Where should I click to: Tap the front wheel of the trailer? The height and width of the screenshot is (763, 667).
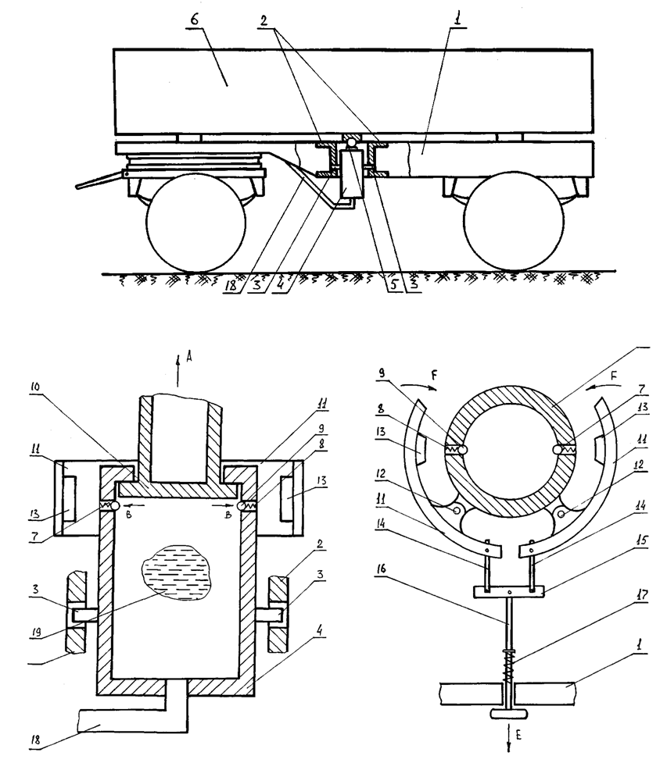pyautogui.click(x=195, y=222)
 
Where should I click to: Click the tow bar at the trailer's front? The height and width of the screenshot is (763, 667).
pyautogui.click(x=99, y=180)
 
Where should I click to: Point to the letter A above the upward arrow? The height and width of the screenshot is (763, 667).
pyautogui.click(x=189, y=358)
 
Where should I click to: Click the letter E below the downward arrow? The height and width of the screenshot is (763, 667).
pyautogui.click(x=518, y=735)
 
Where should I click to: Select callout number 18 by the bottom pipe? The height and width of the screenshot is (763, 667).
pyautogui.click(x=36, y=740)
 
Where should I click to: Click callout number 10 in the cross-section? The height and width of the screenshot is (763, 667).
pyautogui.click(x=36, y=387)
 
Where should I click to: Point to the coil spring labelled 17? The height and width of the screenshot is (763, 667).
pyautogui.click(x=510, y=666)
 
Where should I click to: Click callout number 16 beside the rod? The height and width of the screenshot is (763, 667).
pyautogui.click(x=382, y=569)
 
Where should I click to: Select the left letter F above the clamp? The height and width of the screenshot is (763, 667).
pyautogui.click(x=435, y=375)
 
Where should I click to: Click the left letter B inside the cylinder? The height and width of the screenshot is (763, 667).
pyautogui.click(x=128, y=515)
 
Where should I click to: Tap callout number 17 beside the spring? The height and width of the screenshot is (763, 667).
pyautogui.click(x=642, y=594)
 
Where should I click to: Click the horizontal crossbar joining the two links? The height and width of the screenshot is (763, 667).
pyautogui.click(x=508, y=592)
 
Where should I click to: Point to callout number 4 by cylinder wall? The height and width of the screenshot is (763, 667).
pyautogui.click(x=319, y=631)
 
